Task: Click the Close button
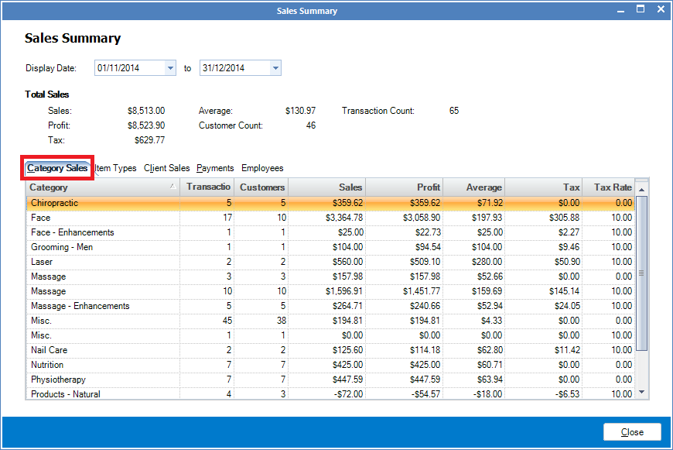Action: coord(632,432)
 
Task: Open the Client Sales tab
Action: coord(166,168)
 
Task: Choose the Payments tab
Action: coord(215,168)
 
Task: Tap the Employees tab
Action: coord(262,168)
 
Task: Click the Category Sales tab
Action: coord(57,168)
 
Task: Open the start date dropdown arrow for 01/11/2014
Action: coord(170,68)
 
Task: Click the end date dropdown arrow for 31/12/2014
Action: coord(275,68)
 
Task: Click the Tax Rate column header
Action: coord(613,187)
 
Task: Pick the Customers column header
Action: coord(262,187)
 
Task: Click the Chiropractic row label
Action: coord(55,203)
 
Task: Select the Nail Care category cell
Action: coord(49,350)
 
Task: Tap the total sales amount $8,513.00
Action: coord(146,111)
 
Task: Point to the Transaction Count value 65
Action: coord(454,111)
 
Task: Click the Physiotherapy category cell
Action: coord(58,380)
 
